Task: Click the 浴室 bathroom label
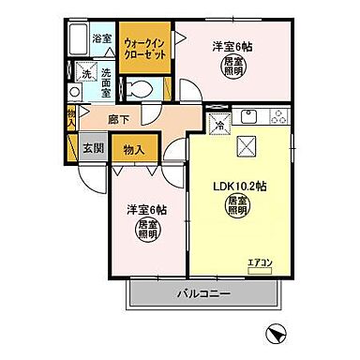click(x=104, y=38)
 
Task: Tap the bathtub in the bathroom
click(x=81, y=41)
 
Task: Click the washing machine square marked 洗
click(x=85, y=73)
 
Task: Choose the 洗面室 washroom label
click(x=105, y=82)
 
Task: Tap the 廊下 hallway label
click(x=118, y=119)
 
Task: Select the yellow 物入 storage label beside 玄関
click(x=134, y=149)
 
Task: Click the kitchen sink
click(x=250, y=117)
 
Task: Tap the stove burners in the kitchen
click(x=278, y=117)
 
